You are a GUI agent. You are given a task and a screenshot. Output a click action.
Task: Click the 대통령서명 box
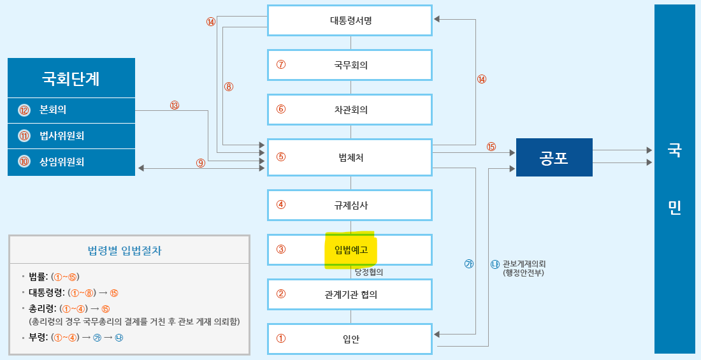click(350, 20)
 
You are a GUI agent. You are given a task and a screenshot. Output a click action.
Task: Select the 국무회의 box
click(350, 65)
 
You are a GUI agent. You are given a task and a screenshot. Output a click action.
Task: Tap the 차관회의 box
click(350, 110)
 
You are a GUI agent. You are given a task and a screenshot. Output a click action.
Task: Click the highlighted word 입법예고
click(351, 250)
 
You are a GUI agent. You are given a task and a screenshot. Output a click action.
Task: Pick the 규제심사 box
click(350, 205)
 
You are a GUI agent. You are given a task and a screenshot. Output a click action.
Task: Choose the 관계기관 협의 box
click(350, 294)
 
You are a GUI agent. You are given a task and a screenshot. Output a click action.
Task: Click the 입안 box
click(350, 339)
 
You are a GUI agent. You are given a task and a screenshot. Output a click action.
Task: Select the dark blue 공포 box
click(554, 157)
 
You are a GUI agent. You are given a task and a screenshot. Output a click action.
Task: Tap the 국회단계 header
click(71, 78)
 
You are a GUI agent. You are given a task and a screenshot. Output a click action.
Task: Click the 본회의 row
click(71, 110)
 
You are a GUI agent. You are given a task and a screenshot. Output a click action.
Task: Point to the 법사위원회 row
click(71, 136)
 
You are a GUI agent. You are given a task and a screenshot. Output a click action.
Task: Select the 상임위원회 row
click(71, 162)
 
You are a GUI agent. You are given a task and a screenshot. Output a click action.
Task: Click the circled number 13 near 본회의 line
click(175, 105)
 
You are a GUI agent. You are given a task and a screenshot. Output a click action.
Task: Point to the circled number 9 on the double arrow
click(201, 163)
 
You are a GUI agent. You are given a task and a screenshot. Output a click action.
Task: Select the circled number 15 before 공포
click(491, 147)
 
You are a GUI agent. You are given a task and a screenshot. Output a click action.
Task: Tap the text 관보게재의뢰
click(524, 264)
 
